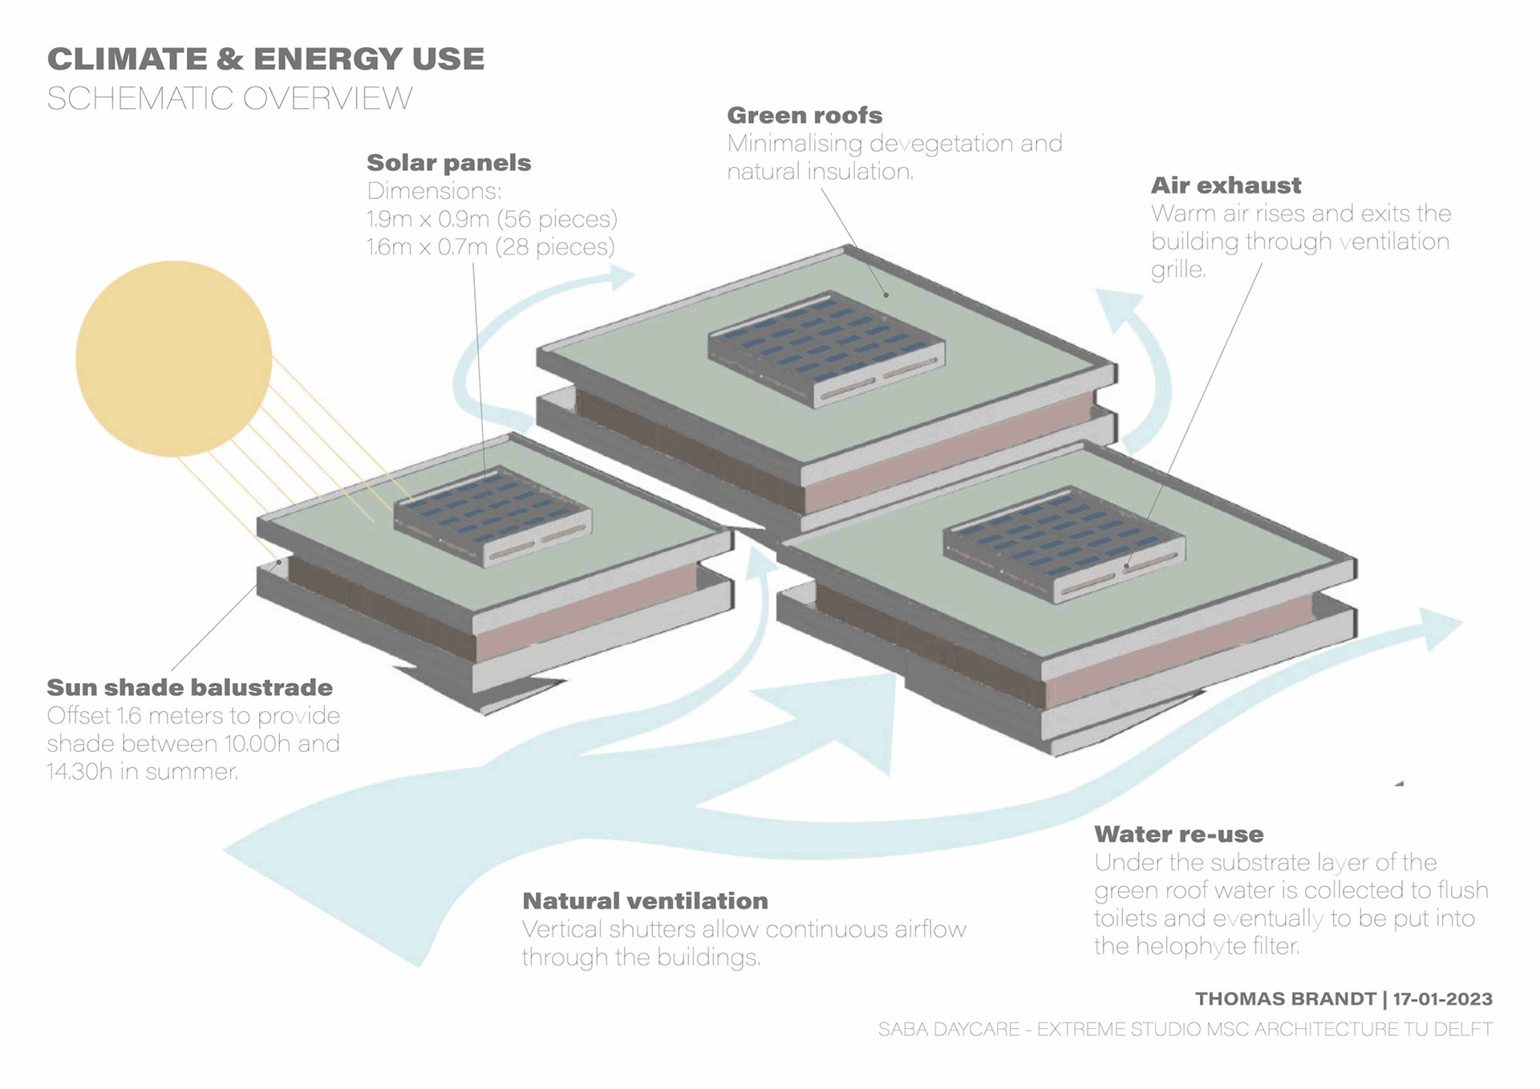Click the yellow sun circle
pyautogui.click(x=173, y=359)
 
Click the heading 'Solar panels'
pyautogui.click(x=448, y=163)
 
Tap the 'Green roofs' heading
pyautogui.click(x=804, y=116)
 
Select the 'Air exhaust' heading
pyautogui.click(x=1226, y=185)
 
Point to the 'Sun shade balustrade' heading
pyautogui.click(x=189, y=688)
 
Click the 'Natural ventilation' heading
pyautogui.click(x=645, y=901)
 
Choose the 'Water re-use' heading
pyautogui.click(x=1178, y=835)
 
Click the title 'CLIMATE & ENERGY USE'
pyautogui.click(x=265, y=59)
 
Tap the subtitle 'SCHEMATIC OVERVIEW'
pyautogui.click(x=229, y=99)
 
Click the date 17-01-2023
pyautogui.click(x=1442, y=999)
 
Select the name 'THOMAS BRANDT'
pyautogui.click(x=1285, y=999)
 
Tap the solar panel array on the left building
pyautogui.click(x=492, y=514)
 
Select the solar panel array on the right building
pyautogui.click(x=1063, y=542)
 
